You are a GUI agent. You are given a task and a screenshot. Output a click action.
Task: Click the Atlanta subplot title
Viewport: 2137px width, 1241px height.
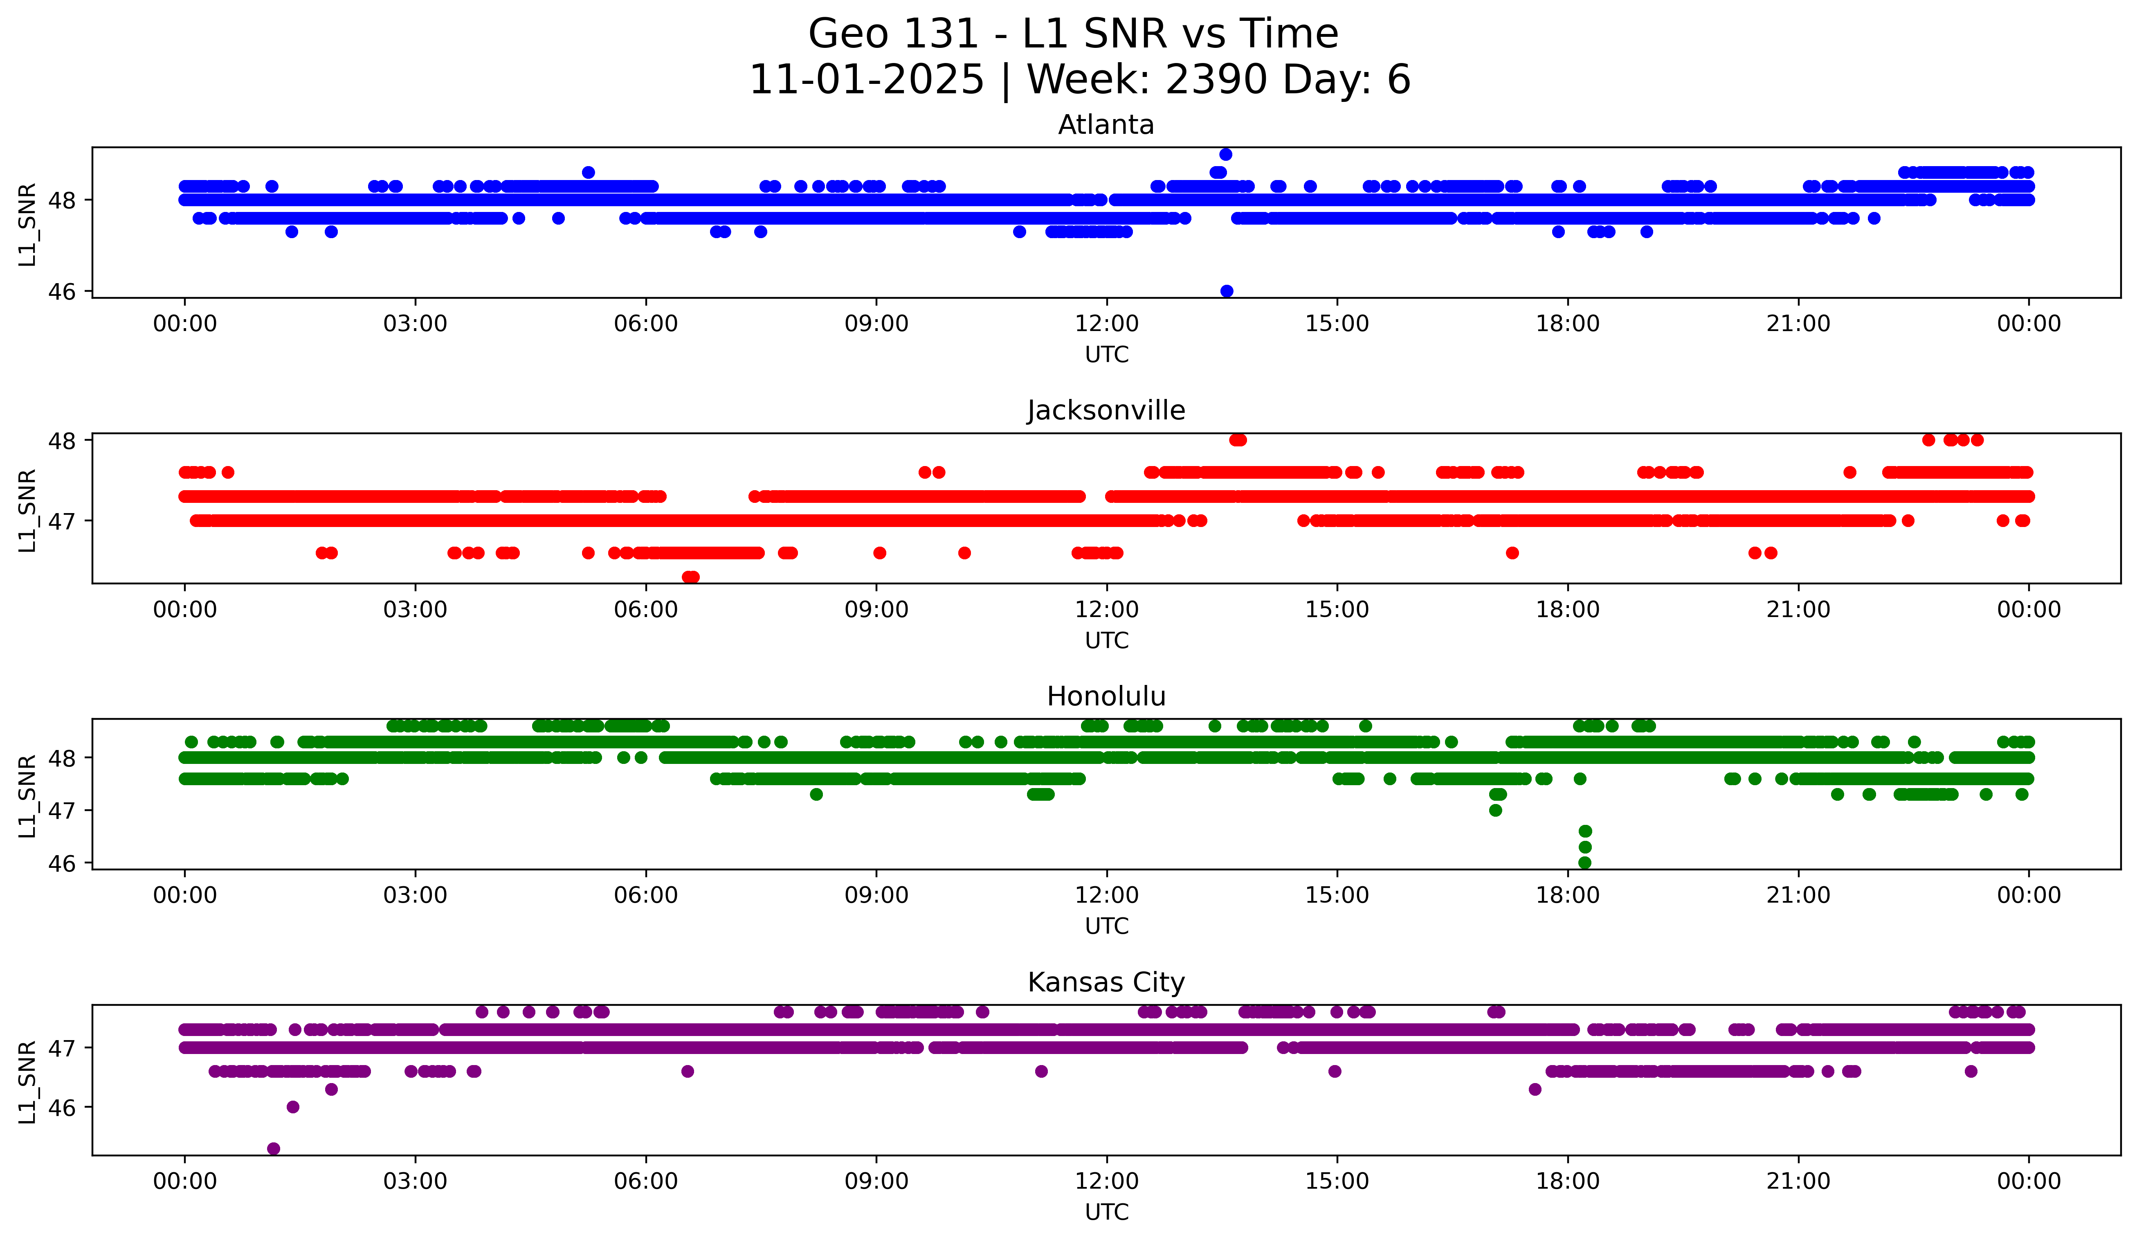coord(1106,125)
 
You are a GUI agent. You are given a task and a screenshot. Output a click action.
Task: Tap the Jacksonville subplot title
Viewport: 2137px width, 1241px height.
coord(1106,410)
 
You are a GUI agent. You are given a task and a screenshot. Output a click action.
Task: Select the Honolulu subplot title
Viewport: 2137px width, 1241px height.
coord(1106,696)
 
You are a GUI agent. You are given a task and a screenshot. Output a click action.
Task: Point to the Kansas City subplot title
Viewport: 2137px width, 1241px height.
coord(1106,982)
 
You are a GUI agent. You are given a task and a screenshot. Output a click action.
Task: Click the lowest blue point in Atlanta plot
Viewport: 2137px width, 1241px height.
coord(1226,291)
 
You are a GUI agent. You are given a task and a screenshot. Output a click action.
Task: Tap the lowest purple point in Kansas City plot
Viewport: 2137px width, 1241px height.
coord(273,1149)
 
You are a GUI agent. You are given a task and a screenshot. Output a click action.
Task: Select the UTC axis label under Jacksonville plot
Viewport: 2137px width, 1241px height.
coord(1107,640)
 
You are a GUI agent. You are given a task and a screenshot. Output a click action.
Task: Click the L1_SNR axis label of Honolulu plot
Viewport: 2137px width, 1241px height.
coord(27,795)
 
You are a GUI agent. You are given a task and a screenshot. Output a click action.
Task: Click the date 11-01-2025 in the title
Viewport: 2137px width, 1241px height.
coord(867,80)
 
